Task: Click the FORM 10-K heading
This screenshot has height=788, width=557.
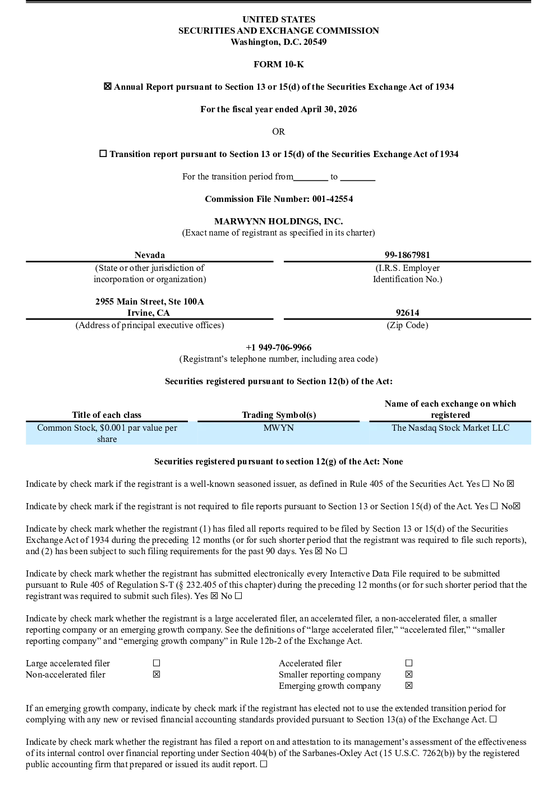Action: pos(278,64)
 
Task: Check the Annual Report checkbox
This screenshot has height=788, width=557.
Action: pos(107,86)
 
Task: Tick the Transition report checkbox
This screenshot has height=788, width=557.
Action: pos(103,153)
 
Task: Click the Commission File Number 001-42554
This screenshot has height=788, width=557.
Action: pos(333,199)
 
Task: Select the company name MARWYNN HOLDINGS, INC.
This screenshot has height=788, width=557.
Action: pos(278,222)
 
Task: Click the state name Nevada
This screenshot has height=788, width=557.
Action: pos(150,255)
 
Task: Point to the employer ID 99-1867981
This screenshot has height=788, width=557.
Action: pos(407,255)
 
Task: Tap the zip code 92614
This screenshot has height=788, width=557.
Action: pos(407,312)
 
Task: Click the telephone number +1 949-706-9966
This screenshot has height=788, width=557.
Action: pos(278,347)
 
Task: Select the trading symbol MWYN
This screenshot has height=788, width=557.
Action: pos(278,427)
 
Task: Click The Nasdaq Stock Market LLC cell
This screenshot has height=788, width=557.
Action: pos(450,427)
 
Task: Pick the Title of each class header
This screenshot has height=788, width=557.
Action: pos(107,415)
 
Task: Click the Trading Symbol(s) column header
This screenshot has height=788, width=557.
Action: pos(279,415)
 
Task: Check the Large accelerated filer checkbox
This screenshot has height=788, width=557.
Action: pos(156,663)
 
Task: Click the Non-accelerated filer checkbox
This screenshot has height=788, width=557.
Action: pos(156,674)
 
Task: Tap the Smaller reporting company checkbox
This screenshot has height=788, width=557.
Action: pos(408,674)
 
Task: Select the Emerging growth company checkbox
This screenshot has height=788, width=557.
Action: pos(408,685)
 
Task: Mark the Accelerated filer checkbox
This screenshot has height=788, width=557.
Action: pos(408,663)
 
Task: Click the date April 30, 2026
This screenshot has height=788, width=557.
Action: pos(329,109)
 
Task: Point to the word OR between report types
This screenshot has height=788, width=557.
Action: pos(278,132)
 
